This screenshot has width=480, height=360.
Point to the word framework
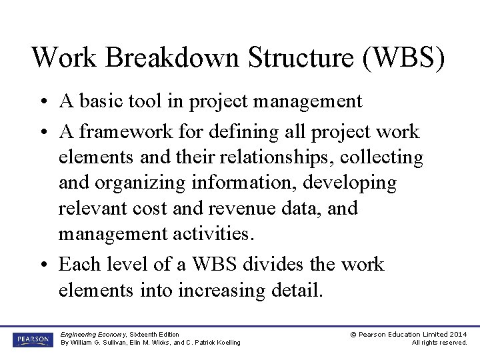point(130,131)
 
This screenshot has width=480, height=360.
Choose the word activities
point(209,233)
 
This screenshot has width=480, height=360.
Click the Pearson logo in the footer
point(31,339)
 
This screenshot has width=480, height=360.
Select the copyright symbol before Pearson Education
point(353,334)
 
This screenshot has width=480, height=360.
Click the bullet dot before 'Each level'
point(42,265)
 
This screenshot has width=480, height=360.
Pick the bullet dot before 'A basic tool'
point(42,101)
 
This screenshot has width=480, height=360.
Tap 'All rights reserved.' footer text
point(439,343)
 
